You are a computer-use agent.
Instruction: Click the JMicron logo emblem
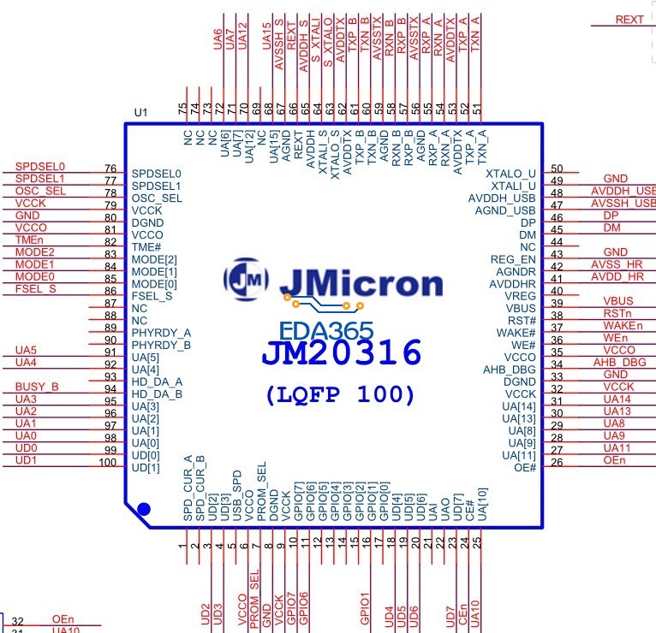[x=247, y=278]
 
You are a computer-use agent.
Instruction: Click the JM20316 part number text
[x=341, y=352]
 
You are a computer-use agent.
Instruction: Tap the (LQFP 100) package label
[x=341, y=395]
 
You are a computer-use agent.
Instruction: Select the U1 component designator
[x=141, y=113]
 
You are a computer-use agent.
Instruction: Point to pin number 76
[x=110, y=169]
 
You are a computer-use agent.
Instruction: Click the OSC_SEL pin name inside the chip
[x=158, y=198]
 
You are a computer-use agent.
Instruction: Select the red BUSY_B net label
[x=37, y=387]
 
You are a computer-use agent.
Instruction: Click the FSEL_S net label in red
[x=36, y=289]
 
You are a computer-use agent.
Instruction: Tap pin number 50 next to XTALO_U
[x=557, y=169]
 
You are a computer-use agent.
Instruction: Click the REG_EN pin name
[x=513, y=259]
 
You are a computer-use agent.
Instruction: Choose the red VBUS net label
[x=617, y=302]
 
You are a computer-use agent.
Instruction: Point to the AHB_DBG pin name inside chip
[x=510, y=370]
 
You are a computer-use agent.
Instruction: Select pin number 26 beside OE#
[x=557, y=463]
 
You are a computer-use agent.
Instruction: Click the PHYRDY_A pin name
[x=162, y=332]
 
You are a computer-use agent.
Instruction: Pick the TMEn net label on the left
[x=29, y=240]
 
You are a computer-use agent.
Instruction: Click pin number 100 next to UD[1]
[x=107, y=463]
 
